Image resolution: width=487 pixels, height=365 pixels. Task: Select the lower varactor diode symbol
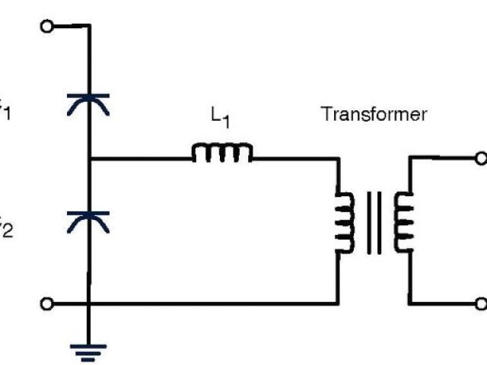pyautogui.click(x=90, y=221)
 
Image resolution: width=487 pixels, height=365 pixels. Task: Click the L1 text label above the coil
pyautogui.click(x=220, y=117)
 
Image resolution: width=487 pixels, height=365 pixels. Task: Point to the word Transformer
pyautogui.click(x=374, y=115)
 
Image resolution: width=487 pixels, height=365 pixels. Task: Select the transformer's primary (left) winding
pyautogui.click(x=344, y=221)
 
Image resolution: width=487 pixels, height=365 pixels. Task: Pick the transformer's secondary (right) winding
pyautogui.click(x=403, y=221)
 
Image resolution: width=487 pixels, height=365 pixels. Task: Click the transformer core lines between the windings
pyautogui.click(x=374, y=222)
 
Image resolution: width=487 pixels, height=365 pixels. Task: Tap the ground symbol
pyautogui.click(x=90, y=351)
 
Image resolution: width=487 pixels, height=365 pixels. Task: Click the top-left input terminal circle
pyautogui.click(x=47, y=26)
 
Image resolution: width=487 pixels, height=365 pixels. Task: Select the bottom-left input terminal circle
pyautogui.click(x=47, y=304)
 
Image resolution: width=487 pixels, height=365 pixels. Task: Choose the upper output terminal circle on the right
pyautogui.click(x=480, y=159)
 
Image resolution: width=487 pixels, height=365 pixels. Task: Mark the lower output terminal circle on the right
pyautogui.click(x=480, y=304)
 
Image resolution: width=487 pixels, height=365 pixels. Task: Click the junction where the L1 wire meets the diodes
pyautogui.click(x=90, y=159)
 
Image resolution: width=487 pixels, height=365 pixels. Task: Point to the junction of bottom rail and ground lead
pyautogui.click(x=90, y=304)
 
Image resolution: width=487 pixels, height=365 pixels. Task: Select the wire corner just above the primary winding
pyautogui.click(x=337, y=159)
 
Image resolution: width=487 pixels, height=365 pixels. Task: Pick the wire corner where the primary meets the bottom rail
pyautogui.click(x=337, y=304)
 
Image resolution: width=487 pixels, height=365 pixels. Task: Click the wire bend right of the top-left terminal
pyautogui.click(x=90, y=26)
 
